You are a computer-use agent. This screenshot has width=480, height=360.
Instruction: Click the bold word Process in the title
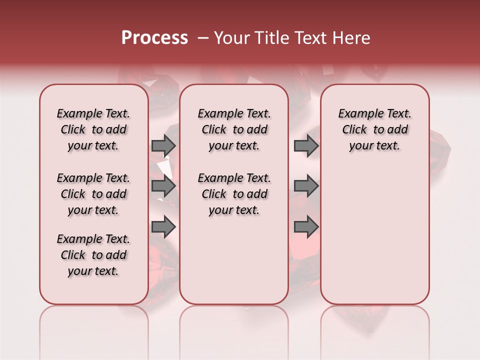[x=154, y=38]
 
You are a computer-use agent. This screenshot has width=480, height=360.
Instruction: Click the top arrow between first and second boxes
[x=163, y=145]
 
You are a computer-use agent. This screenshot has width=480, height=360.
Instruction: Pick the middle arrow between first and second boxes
[x=163, y=186]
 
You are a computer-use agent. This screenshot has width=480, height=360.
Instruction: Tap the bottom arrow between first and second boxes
[x=163, y=227]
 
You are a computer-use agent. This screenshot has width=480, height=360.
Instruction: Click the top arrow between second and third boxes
[x=306, y=145]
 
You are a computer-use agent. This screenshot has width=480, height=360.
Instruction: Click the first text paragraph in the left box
[x=93, y=129]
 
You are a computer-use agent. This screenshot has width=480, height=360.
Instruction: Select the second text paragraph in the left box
[x=93, y=194]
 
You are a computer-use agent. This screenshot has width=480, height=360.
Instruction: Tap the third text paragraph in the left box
[x=93, y=255]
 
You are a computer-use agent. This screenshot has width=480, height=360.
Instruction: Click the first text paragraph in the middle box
[x=234, y=129]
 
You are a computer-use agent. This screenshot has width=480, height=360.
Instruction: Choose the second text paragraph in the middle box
[x=234, y=194]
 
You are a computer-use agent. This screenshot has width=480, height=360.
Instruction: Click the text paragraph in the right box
[x=374, y=129]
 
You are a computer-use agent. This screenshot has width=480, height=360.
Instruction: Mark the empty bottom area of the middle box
[x=234, y=260]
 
